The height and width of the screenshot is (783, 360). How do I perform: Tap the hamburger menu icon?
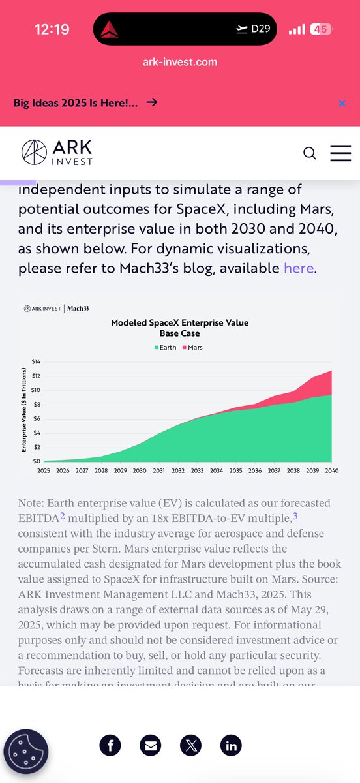(x=340, y=153)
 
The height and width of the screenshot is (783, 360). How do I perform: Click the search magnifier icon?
(x=310, y=153)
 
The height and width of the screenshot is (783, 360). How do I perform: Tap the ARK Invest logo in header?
(x=57, y=152)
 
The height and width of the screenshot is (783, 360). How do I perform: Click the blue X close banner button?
(x=342, y=103)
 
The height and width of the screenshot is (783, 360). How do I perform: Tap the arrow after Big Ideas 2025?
(x=151, y=102)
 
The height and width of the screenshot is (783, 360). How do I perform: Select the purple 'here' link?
(x=299, y=268)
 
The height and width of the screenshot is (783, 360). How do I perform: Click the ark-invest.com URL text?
(x=180, y=62)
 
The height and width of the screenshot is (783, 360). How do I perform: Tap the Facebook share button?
(x=111, y=746)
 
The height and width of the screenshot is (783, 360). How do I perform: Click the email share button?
(x=151, y=746)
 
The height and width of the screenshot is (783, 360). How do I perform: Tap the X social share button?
(x=190, y=746)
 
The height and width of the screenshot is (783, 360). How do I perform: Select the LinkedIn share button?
(x=230, y=746)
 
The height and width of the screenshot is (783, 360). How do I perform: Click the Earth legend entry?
(x=167, y=348)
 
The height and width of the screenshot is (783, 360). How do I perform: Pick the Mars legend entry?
(x=192, y=348)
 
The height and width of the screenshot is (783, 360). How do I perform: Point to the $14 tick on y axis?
(x=36, y=361)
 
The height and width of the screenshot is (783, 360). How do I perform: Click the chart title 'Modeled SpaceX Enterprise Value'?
(x=179, y=323)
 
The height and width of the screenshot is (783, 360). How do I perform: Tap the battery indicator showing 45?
(x=320, y=29)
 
